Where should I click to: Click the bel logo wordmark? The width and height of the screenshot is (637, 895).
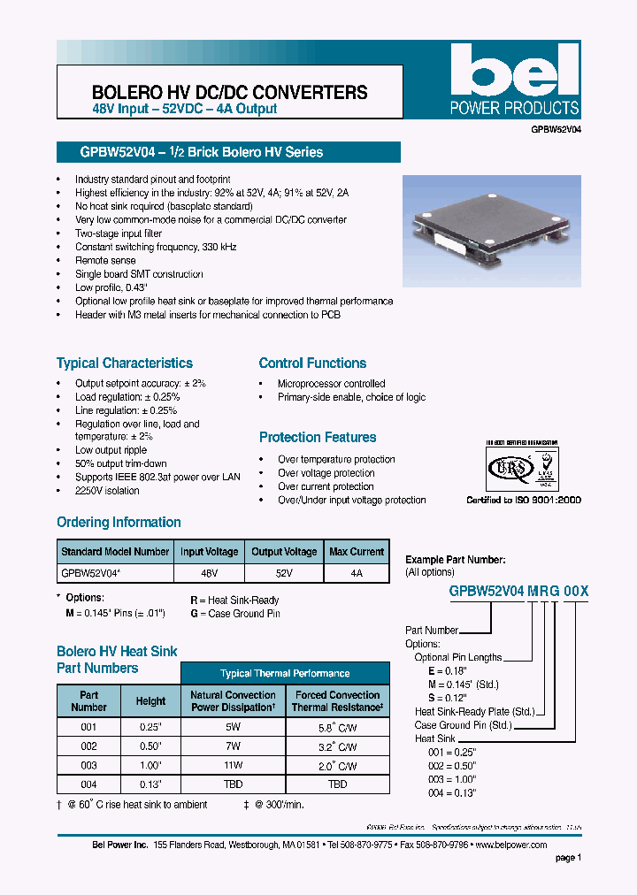coord(513,71)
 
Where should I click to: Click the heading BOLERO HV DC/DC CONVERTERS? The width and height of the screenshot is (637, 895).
coord(230,92)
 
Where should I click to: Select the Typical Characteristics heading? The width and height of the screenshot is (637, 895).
coord(125,363)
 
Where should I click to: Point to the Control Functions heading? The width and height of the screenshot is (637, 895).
coord(312,363)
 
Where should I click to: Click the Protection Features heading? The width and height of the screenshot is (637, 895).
coord(318,437)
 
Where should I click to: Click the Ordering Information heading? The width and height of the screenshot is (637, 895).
coord(119,522)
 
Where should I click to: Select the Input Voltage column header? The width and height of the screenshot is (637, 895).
coord(210,552)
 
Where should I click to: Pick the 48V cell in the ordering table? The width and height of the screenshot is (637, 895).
coord(210,573)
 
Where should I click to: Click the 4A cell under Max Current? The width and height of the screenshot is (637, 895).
coord(357,573)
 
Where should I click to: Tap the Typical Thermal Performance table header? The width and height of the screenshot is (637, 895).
coord(285,673)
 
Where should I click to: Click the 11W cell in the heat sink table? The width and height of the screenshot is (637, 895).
coord(233,765)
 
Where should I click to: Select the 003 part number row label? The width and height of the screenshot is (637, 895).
coord(88,765)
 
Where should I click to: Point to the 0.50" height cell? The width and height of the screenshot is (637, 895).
coord(150,746)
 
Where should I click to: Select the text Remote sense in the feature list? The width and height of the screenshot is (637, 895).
coord(105,261)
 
